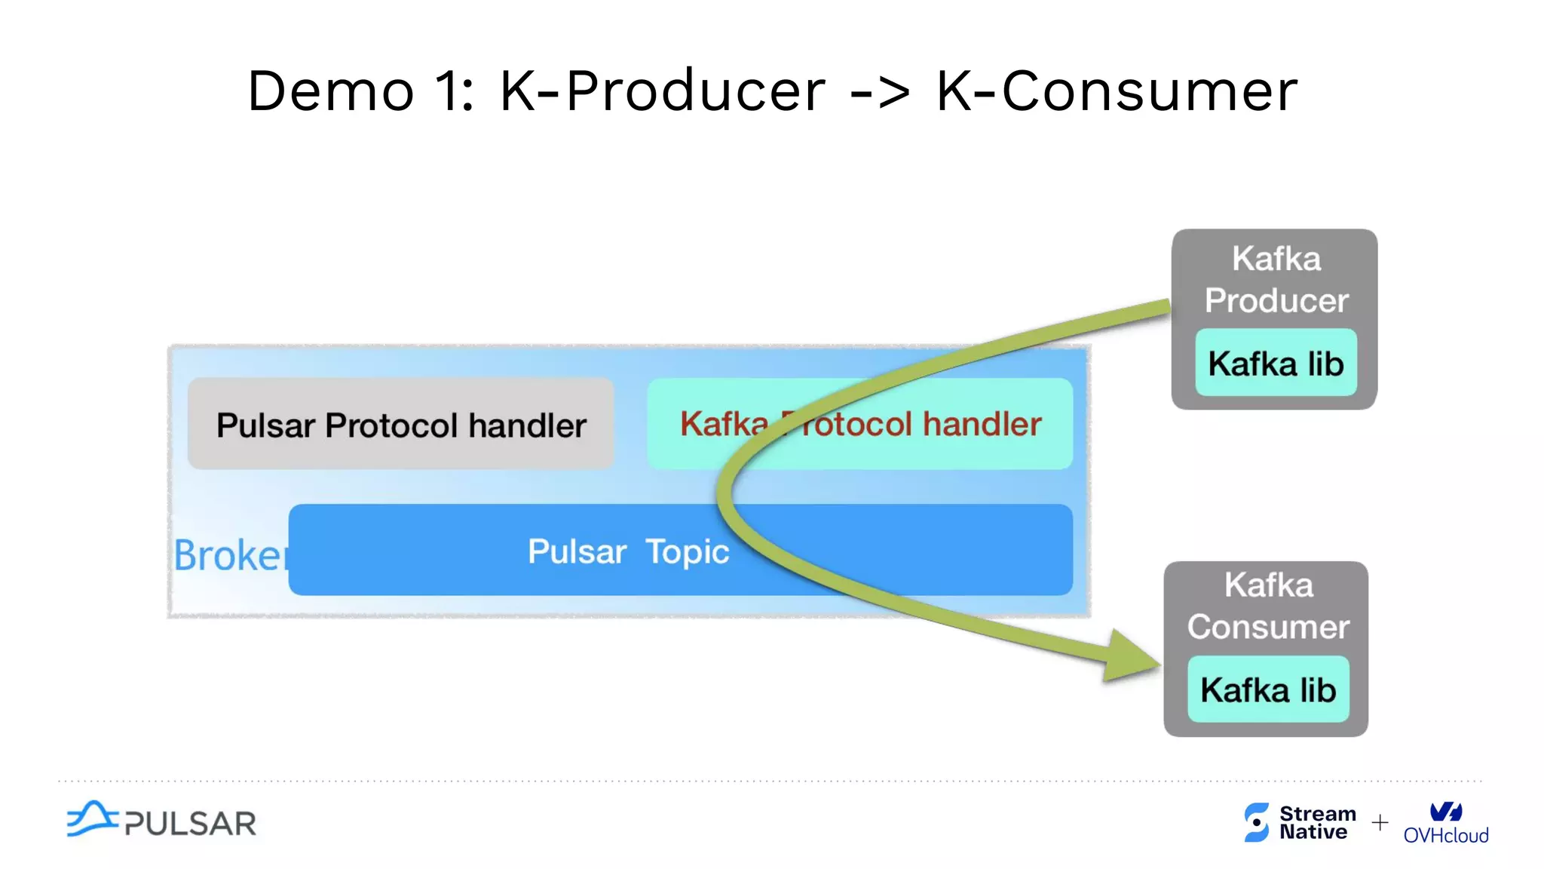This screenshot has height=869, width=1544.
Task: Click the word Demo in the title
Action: (x=331, y=91)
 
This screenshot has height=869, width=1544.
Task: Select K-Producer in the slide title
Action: (x=663, y=91)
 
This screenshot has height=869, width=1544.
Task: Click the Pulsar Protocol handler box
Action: (x=400, y=425)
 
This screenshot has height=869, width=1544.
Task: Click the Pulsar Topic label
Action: (x=628, y=551)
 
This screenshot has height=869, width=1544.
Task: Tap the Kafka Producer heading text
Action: (x=1276, y=280)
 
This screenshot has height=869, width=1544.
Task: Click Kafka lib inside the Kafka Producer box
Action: (x=1276, y=364)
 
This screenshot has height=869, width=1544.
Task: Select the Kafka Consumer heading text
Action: (x=1268, y=606)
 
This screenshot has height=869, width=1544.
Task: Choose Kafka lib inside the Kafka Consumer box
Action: (x=1268, y=690)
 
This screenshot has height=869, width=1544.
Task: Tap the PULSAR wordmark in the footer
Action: (x=190, y=824)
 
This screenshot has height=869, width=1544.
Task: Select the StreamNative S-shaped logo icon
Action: (x=1256, y=822)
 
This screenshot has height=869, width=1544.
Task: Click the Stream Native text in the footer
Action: (x=1316, y=823)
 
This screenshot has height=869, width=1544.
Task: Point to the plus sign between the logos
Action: (x=1380, y=822)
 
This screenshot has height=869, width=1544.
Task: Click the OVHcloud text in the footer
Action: (x=1445, y=836)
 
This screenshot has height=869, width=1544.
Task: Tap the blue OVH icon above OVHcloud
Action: (x=1445, y=811)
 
